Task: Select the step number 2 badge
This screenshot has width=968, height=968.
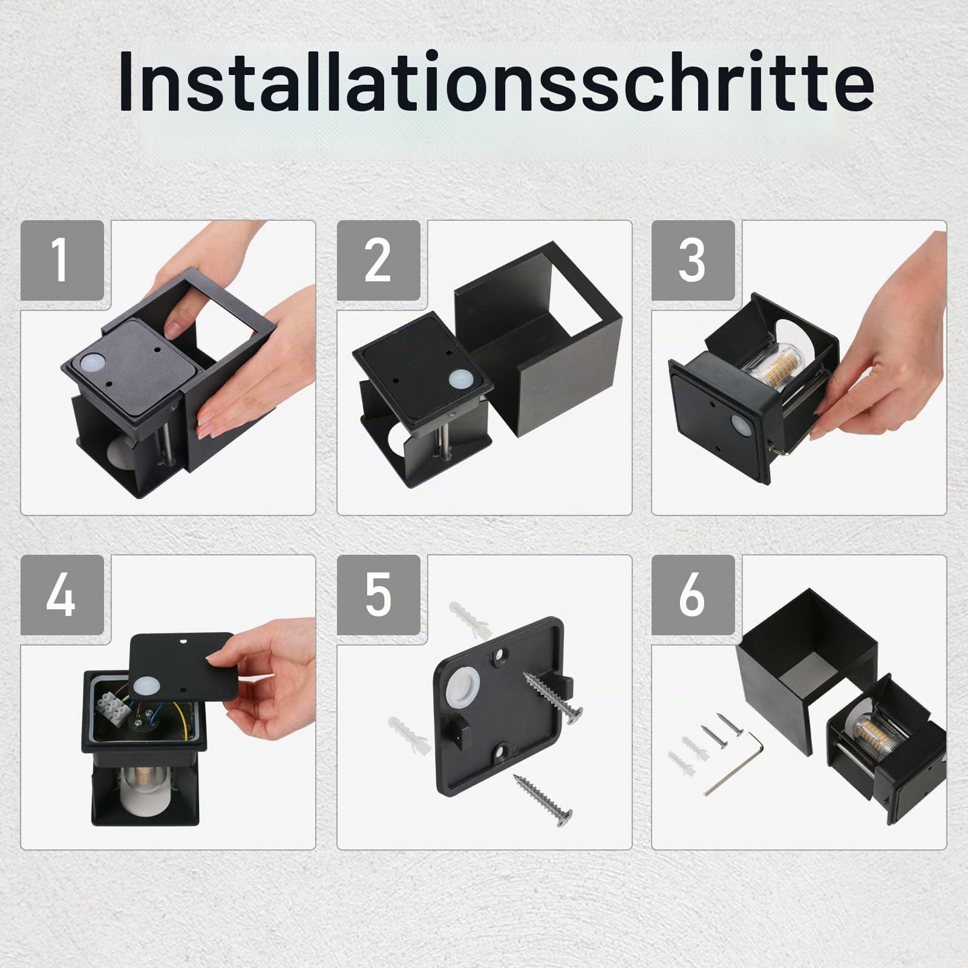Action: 378,261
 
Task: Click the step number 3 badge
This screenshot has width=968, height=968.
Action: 693,261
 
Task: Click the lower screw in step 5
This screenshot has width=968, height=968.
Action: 543,797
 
